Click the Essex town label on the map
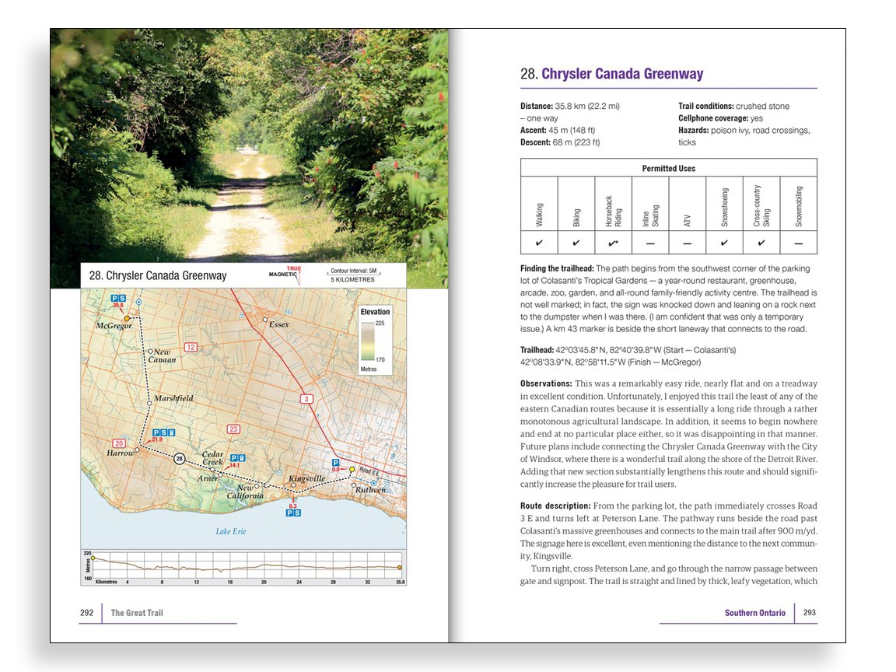pos(279,324)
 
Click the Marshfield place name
pos(173,398)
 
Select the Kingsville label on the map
pos(305,478)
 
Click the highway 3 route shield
pos(306,399)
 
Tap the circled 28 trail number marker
pos(180,459)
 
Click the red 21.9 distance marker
pos(157,440)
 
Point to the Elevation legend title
pos(375,312)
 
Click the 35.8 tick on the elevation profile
pos(400,582)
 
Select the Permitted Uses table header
pos(668,168)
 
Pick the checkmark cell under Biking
pos(576,243)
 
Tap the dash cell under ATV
pos(687,243)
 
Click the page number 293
pos(810,612)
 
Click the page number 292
pos(86,613)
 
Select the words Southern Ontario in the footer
pos(754,613)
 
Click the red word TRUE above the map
pos(294,268)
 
